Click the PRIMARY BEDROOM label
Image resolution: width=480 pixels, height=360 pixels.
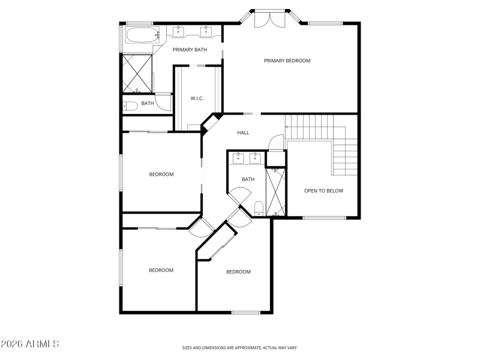[x=287, y=61]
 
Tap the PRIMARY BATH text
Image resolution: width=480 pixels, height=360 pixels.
[x=190, y=49]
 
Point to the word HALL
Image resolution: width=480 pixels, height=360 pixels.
[x=243, y=133]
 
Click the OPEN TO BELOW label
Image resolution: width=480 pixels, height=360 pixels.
[x=323, y=191]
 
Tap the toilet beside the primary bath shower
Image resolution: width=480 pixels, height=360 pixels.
[x=131, y=105]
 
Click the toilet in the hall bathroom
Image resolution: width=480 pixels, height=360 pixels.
[x=258, y=208]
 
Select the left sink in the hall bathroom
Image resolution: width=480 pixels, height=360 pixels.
[x=238, y=158]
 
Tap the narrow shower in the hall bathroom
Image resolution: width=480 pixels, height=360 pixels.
[x=276, y=192]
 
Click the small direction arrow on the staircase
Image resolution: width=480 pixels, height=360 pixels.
[x=287, y=127]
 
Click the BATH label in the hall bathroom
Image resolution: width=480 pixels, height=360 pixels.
[x=248, y=179]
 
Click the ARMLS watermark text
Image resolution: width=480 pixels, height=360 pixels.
[x=30, y=344]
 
